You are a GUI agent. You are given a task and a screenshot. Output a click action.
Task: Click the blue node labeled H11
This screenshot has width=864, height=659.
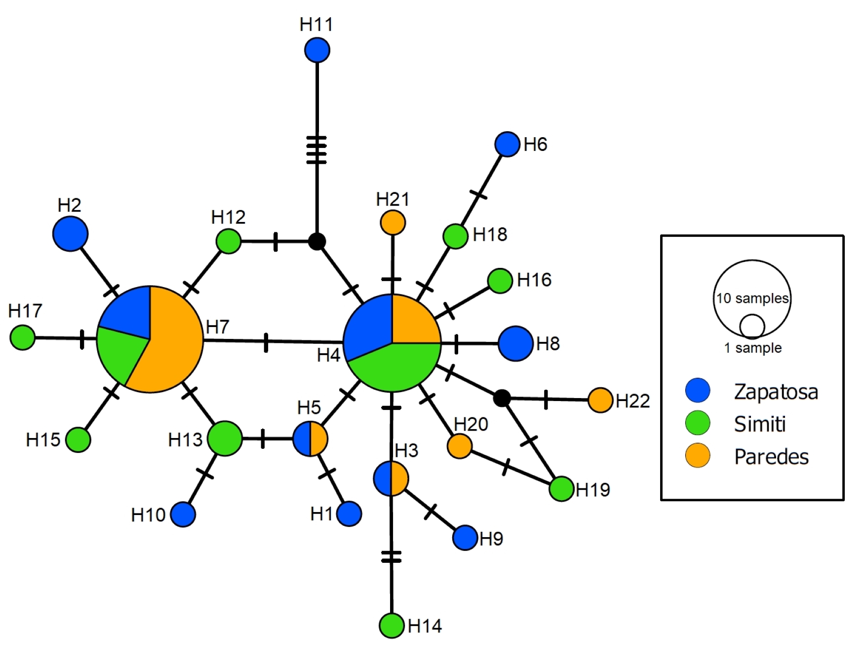pyautogui.click(x=317, y=50)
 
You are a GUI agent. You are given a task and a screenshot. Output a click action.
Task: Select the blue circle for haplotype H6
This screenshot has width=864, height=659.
pyautogui.click(x=507, y=145)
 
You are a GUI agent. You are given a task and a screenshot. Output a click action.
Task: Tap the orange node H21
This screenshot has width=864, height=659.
pyautogui.click(x=393, y=222)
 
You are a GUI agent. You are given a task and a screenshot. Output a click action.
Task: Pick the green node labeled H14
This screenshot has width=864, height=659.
pyautogui.click(x=392, y=625)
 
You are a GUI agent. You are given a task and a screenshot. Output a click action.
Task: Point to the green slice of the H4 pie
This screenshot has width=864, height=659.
pyautogui.click(x=393, y=367)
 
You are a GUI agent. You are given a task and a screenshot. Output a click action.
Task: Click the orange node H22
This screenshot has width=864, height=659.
pyautogui.click(x=600, y=400)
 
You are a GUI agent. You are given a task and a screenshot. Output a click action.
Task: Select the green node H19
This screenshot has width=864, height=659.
pyautogui.click(x=562, y=489)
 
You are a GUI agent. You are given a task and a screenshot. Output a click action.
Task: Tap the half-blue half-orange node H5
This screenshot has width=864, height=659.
pyautogui.click(x=310, y=439)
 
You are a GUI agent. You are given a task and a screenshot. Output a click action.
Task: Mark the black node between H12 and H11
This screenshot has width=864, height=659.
pyautogui.click(x=317, y=242)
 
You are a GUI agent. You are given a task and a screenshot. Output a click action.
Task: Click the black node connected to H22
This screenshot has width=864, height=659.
pyautogui.click(x=502, y=398)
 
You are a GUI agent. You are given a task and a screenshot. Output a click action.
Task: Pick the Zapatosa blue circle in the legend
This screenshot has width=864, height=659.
pyautogui.click(x=698, y=390)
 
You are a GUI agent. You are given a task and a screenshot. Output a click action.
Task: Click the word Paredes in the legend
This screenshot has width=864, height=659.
pyautogui.click(x=771, y=457)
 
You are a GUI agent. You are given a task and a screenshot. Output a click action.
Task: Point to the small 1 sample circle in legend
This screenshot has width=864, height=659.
pyautogui.click(x=752, y=327)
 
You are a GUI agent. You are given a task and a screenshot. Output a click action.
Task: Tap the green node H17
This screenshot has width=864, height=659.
pyautogui.click(x=23, y=337)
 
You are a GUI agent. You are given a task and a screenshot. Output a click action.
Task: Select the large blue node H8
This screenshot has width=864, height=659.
pyautogui.click(x=516, y=343)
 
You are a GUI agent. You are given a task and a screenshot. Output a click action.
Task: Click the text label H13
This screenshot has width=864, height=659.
pyautogui.click(x=185, y=439)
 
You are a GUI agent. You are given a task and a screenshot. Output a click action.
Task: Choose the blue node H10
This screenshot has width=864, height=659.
pyautogui.click(x=183, y=514)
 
